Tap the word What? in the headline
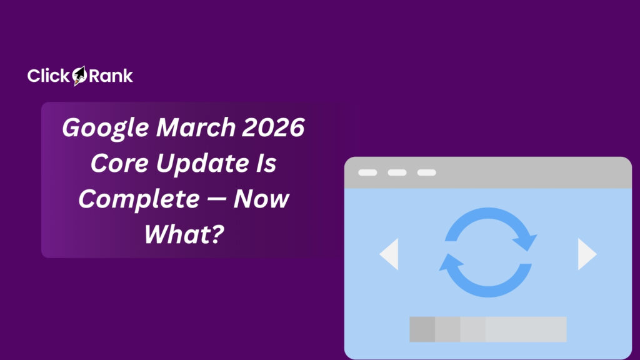(x=183, y=236)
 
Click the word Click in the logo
(x=49, y=76)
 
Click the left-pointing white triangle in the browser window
(x=389, y=254)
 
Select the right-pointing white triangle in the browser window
(x=587, y=254)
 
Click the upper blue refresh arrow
(x=494, y=228)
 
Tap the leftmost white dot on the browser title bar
(x=367, y=172)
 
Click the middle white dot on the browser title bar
(x=397, y=172)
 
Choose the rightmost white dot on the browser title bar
(x=426, y=172)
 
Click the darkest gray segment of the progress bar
(x=422, y=329)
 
